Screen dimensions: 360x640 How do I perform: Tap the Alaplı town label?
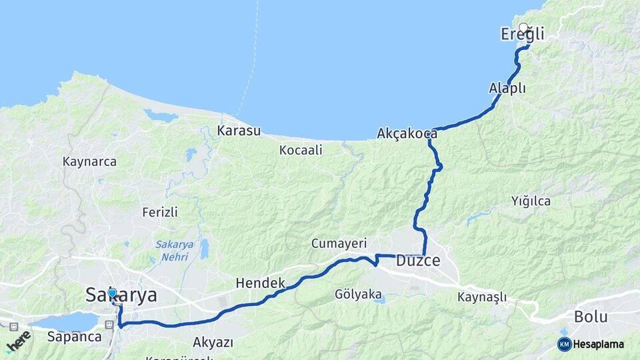pyautogui.click(x=507, y=89)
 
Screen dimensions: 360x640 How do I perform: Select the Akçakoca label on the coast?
pyautogui.click(x=407, y=133)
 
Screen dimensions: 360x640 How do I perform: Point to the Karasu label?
pyautogui.click(x=239, y=131)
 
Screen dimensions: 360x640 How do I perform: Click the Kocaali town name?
pyautogui.click(x=301, y=150)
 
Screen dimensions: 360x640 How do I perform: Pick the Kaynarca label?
pyautogui.click(x=89, y=161)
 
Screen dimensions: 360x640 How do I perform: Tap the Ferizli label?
pyautogui.click(x=160, y=212)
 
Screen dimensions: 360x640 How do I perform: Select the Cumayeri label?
pyautogui.click(x=339, y=243)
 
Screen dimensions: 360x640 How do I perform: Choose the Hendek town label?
pyautogui.click(x=260, y=283)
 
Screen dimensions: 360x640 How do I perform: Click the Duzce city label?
pyautogui.click(x=418, y=261)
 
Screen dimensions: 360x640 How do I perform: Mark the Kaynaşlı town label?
pyautogui.click(x=483, y=297)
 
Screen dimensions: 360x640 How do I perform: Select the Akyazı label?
pyautogui.click(x=213, y=343)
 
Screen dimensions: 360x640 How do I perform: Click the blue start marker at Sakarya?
pyautogui.click(x=112, y=293)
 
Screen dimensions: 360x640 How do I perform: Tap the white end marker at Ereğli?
pyautogui.click(x=523, y=28)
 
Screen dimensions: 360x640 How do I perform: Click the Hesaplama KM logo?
pyautogui.click(x=591, y=344)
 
